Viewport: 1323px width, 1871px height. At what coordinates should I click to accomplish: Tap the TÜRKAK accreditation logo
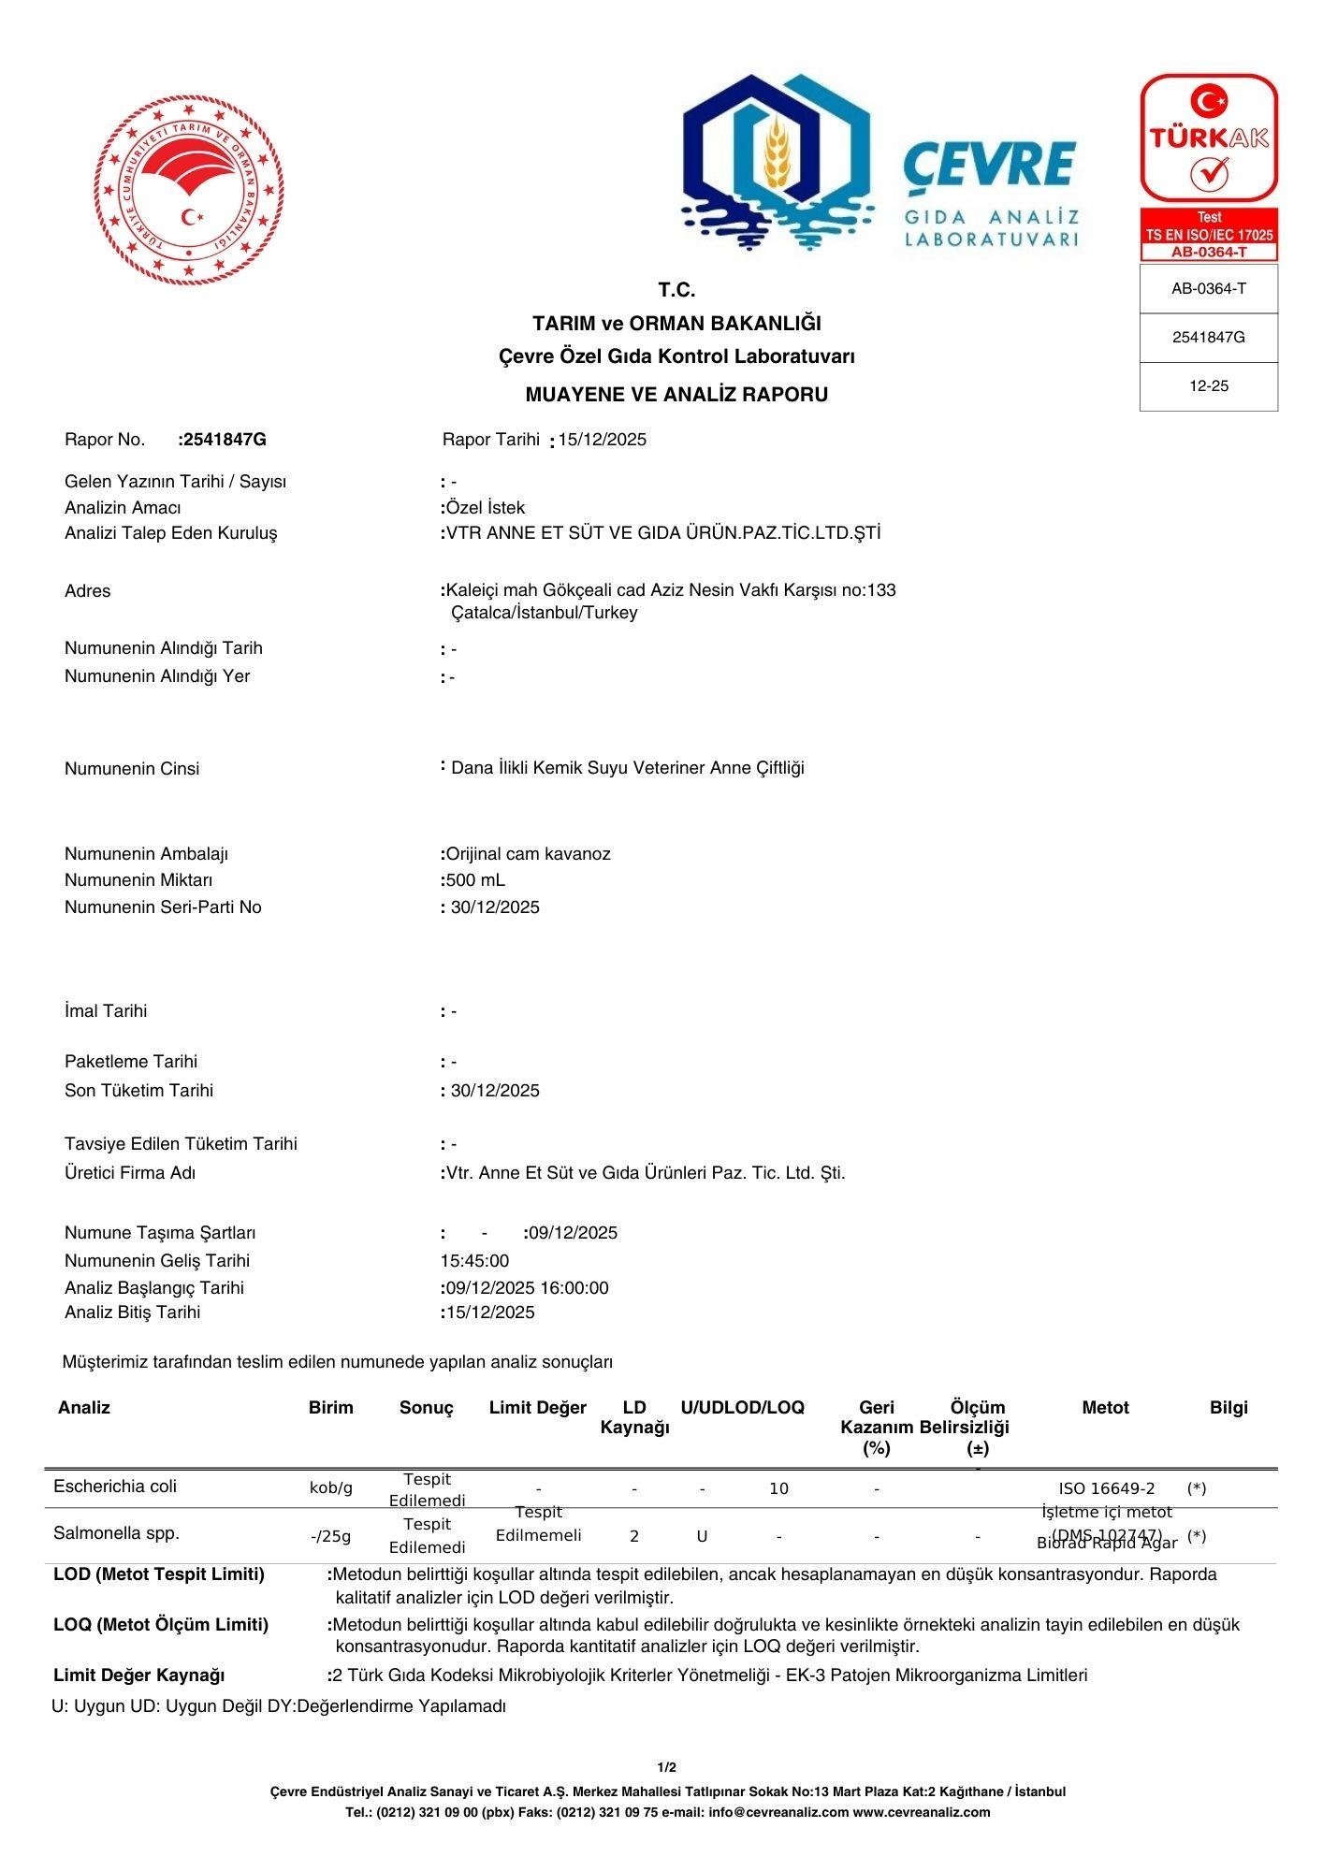pos(1208,138)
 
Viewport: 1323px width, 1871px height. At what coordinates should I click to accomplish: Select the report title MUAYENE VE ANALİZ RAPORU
pos(676,395)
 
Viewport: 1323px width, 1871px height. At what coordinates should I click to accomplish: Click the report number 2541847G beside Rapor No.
pos(225,440)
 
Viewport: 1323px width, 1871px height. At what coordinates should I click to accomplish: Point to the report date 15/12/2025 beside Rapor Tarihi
pos(603,440)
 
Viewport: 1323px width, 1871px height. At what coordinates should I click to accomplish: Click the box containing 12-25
pos(1208,386)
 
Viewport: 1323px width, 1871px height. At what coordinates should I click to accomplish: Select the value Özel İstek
pos(486,508)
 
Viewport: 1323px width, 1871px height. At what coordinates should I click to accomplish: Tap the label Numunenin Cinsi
pos(132,769)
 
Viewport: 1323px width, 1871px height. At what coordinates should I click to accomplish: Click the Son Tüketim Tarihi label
pos(138,1091)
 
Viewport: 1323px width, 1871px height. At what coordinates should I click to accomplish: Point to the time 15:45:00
pos(475,1261)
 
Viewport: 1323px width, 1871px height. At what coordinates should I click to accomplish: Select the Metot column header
pos(1105,1408)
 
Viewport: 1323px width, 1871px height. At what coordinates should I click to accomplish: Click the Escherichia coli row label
pos(115,1487)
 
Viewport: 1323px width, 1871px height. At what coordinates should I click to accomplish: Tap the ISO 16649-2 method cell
pos(1107,1488)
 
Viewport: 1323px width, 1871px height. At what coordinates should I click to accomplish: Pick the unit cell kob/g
pos(331,1488)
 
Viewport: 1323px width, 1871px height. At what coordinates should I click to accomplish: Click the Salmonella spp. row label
pos(117,1533)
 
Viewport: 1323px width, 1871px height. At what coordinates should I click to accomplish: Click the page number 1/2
pos(667,1768)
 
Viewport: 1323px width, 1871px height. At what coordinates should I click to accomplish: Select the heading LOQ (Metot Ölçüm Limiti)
pos(161,1625)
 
